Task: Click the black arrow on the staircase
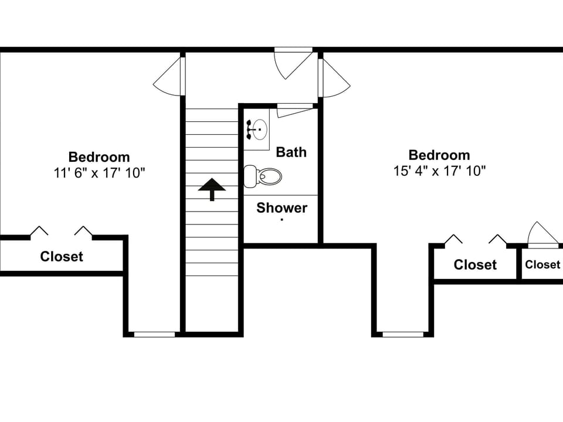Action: coord(212,189)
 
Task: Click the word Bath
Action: coord(291,152)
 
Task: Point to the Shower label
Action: coord(281,208)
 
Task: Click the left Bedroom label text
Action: coord(99,157)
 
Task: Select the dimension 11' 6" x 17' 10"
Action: coord(99,173)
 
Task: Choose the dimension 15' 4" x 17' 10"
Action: coord(439,171)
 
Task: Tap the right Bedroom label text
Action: coord(439,155)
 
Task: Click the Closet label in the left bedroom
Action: coord(62,257)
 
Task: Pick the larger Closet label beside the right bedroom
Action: coord(475,265)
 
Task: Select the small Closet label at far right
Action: coord(542,264)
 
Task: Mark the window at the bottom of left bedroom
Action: coord(154,334)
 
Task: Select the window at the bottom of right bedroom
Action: coord(403,334)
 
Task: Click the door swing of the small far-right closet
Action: coord(543,234)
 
